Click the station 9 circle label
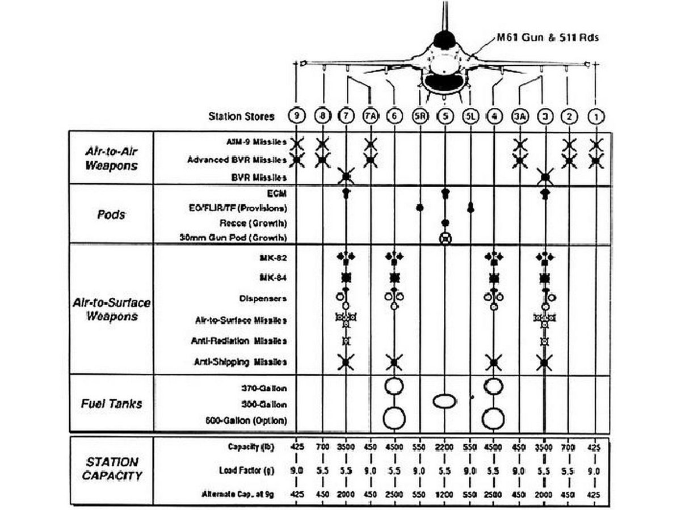[296, 116]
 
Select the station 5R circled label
[419, 116]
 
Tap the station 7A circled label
[370, 116]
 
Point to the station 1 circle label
[595, 116]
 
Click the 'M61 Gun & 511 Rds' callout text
[548, 38]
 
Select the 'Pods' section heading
[111, 214]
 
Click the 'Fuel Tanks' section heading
[111, 404]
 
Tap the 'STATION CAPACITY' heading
[111, 469]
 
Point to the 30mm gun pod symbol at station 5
[445, 238]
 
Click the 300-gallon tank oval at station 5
[445, 402]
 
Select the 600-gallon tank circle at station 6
[394, 419]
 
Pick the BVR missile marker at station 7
[346, 177]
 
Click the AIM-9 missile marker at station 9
[296, 144]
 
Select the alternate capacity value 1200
[445, 494]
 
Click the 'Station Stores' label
[241, 117]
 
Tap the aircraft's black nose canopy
[445, 40]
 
